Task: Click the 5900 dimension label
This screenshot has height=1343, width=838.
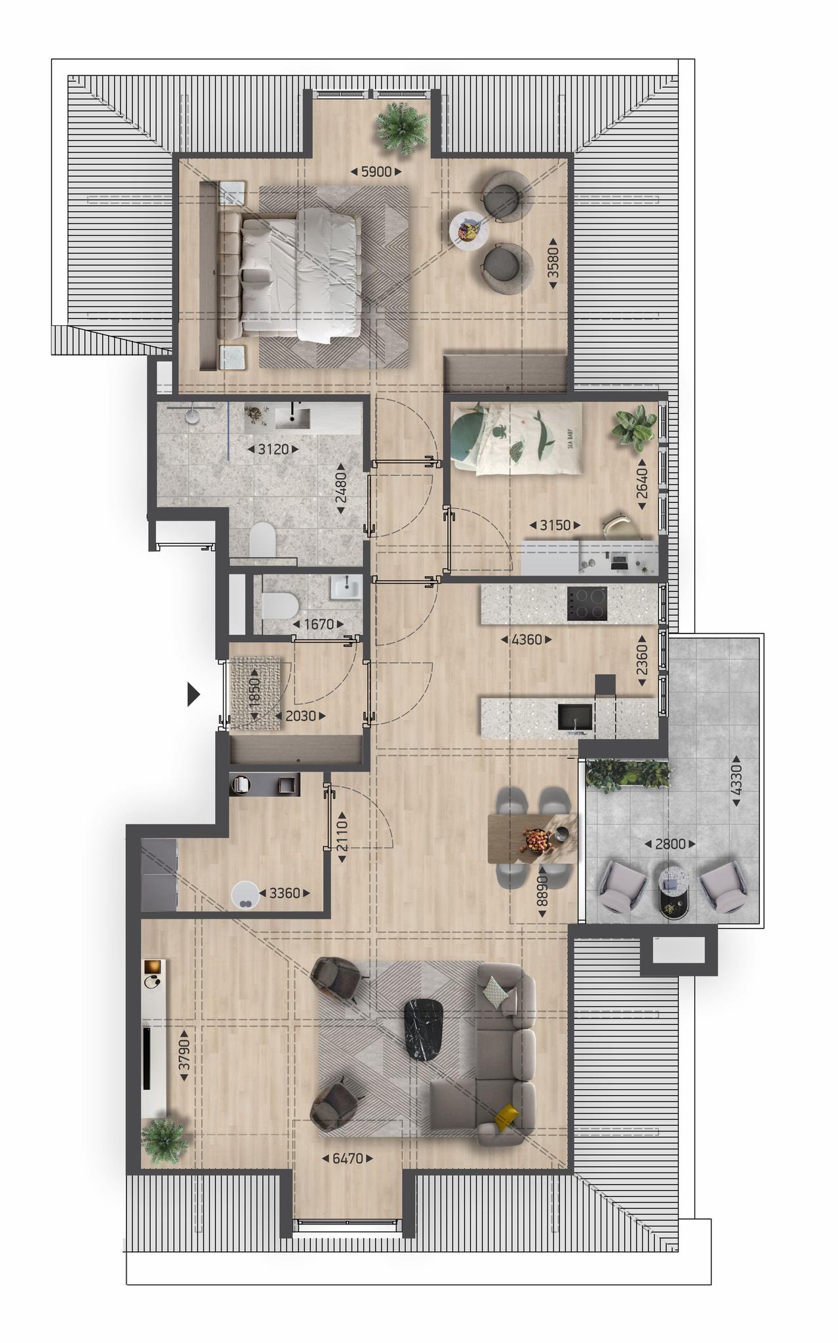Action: [376, 172]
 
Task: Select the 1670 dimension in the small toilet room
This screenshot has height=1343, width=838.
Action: [319, 624]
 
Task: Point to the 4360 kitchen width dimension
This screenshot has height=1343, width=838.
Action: [526, 639]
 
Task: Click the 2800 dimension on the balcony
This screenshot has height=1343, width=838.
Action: [670, 844]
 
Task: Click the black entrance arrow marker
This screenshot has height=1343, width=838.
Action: [193, 694]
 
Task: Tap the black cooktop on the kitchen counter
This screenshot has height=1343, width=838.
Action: [587, 604]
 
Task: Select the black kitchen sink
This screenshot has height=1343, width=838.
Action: [575, 717]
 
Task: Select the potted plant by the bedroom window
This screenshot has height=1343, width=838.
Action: [398, 130]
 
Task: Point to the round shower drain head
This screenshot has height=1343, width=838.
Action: [192, 416]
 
